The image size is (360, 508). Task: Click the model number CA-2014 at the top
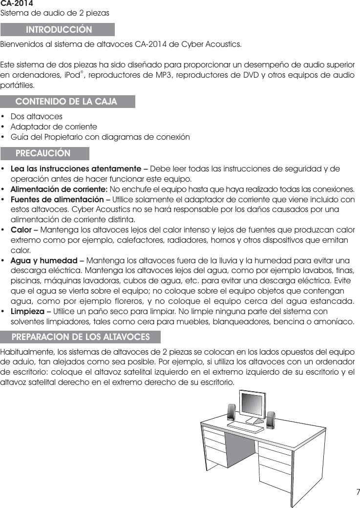pos(17,3)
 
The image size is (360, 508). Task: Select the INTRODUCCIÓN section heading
pos(58,30)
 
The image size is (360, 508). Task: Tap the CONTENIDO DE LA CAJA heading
pos(66,102)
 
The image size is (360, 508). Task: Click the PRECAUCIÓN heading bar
pos(43,153)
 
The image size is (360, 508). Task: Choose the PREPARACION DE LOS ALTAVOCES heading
pos(81,337)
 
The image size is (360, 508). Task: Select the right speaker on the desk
pos(270,421)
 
